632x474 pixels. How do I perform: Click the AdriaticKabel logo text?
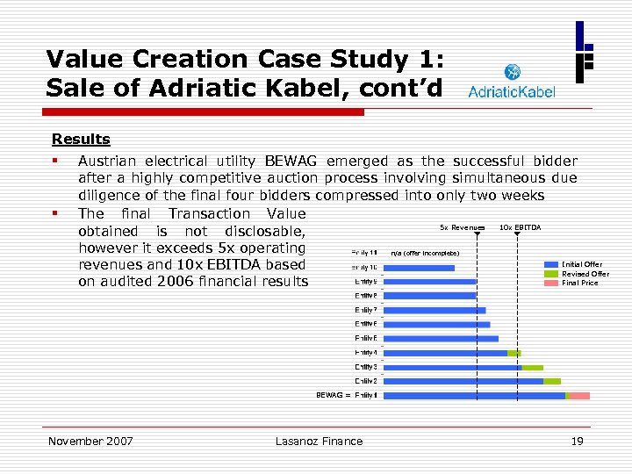(x=512, y=92)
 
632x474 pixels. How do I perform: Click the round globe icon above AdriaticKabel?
(x=512, y=72)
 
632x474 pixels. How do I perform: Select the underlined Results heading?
(x=81, y=139)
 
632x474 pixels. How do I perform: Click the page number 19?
(x=577, y=441)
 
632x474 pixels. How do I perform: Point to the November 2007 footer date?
(x=90, y=441)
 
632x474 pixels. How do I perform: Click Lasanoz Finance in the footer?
(x=319, y=441)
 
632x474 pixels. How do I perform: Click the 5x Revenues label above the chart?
(x=461, y=227)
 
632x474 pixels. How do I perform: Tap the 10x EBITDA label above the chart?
(x=520, y=227)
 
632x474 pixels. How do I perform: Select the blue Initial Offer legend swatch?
(x=551, y=264)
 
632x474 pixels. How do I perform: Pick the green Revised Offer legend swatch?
(x=551, y=274)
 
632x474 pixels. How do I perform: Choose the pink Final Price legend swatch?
(x=551, y=283)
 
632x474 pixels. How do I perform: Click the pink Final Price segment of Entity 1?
(x=579, y=396)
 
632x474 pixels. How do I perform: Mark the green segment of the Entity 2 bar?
(x=551, y=381)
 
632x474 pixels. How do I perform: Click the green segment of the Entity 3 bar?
(x=532, y=367)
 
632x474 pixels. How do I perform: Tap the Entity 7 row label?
(x=366, y=310)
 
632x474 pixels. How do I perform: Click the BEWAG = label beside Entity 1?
(x=333, y=395)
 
